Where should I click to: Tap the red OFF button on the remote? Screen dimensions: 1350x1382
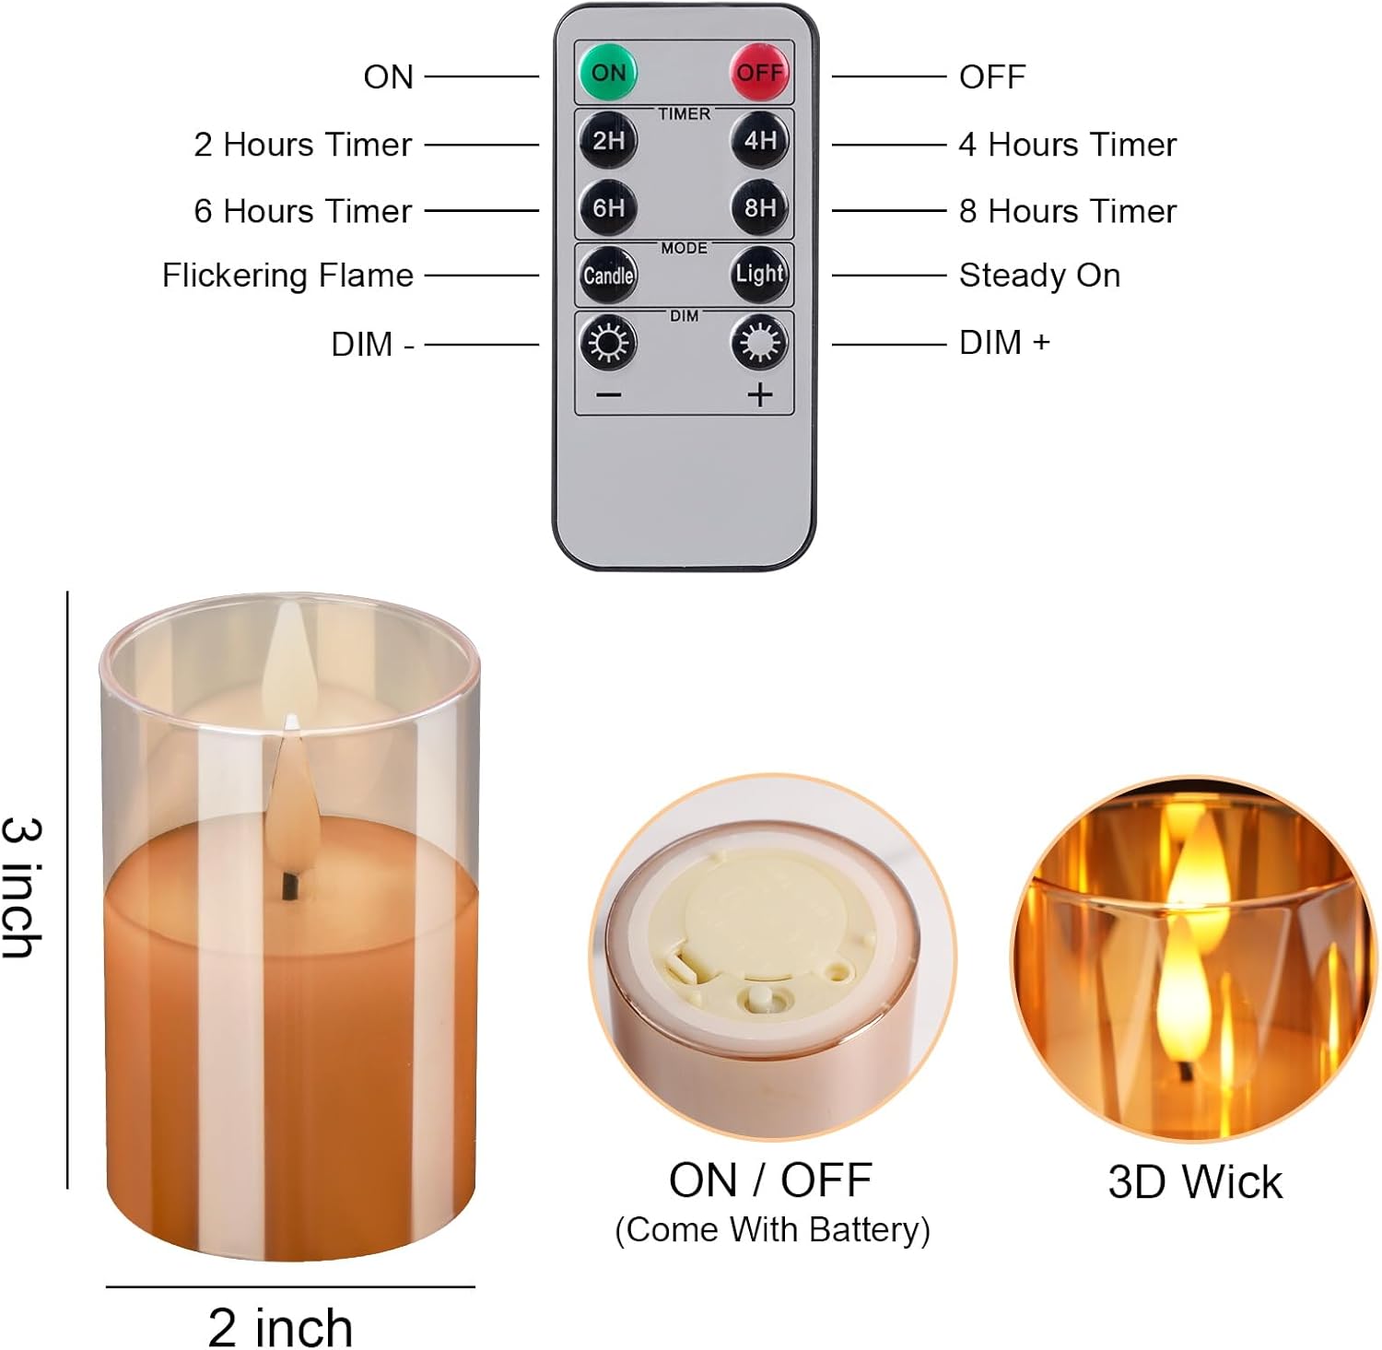tap(760, 72)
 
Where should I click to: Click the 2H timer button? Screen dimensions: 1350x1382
tap(608, 140)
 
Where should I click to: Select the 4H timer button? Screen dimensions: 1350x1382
tap(760, 140)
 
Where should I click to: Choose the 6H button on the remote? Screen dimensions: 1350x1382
tap(608, 207)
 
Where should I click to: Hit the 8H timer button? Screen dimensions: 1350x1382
tap(760, 207)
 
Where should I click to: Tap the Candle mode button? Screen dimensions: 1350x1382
tap(608, 275)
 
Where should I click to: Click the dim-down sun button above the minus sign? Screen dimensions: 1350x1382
tap(608, 343)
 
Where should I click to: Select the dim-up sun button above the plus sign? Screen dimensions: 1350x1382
tap(760, 343)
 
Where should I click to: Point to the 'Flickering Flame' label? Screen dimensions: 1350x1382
tap(287, 276)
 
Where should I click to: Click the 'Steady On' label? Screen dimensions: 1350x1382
tap(1039, 276)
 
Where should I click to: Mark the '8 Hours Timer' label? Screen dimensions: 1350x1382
tap(1068, 211)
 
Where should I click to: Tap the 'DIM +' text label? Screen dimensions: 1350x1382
tap(1004, 343)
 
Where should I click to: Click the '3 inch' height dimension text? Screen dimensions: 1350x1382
tap(23, 887)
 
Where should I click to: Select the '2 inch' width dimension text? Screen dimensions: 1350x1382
tap(280, 1327)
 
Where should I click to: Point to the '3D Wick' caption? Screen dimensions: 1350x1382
tap(1195, 1182)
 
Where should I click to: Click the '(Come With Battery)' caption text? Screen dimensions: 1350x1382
tap(772, 1230)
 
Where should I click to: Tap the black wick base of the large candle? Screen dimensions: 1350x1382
tap(291, 886)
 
